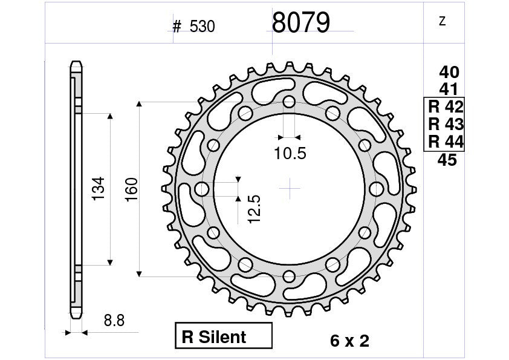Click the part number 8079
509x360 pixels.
click(300, 24)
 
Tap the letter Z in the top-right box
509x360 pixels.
click(442, 22)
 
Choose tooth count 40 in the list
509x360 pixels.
click(449, 73)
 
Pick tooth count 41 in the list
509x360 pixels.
click(449, 90)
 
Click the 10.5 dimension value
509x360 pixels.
click(290, 154)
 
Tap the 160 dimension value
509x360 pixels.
click(132, 189)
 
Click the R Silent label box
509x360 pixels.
click(224, 336)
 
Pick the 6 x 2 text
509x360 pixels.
click(349, 341)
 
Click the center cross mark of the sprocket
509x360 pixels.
click(290, 189)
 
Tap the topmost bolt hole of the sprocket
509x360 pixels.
click(290, 101)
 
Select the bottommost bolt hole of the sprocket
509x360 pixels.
click(290, 277)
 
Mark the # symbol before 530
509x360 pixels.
click(177, 27)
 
